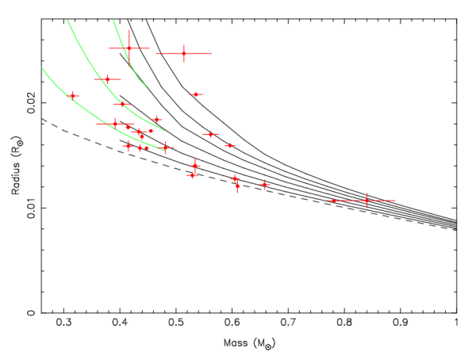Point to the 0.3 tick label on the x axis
[x=64, y=324]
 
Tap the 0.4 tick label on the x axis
[x=120, y=324]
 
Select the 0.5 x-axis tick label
[x=176, y=324]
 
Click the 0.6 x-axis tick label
[x=232, y=324]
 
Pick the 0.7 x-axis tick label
[x=288, y=324]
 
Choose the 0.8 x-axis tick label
[x=344, y=324]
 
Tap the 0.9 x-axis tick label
[x=401, y=324]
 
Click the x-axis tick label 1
[x=456, y=324]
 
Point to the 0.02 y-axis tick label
[x=32, y=103]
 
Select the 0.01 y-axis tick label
[x=32, y=208]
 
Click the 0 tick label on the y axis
[x=32, y=312]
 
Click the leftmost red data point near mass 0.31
[x=72, y=96]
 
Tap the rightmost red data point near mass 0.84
[x=367, y=201]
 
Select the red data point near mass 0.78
[x=333, y=201]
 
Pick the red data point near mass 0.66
[x=265, y=185]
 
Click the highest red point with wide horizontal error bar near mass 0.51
[x=184, y=53]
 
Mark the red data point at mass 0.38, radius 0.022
[x=107, y=79]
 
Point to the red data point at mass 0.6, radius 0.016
[x=230, y=145]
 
